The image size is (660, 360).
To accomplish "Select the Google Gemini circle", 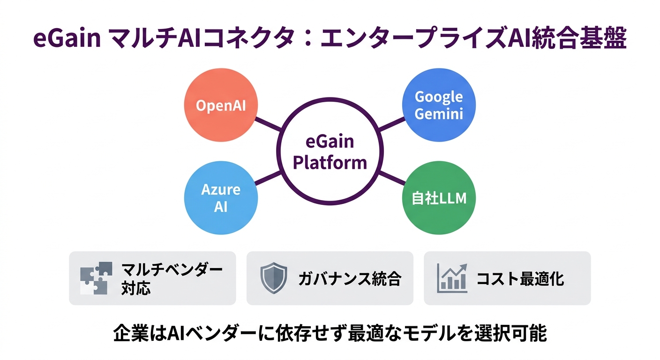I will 439,105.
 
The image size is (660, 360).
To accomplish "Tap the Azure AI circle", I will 221,198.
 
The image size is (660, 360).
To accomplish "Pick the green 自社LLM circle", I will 439,198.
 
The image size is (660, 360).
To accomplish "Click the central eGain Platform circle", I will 330,152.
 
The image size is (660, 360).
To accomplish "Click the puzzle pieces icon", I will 96,278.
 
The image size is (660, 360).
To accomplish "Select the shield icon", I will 274,278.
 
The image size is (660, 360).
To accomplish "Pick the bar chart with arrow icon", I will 451,278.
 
